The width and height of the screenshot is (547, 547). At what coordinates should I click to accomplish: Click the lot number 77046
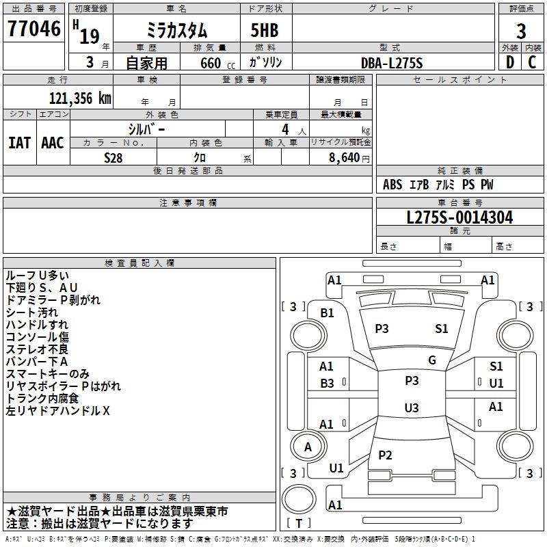click(x=34, y=29)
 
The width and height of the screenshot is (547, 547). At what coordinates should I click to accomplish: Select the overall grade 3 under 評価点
click(x=521, y=31)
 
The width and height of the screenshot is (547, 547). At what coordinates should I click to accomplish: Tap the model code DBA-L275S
click(x=392, y=63)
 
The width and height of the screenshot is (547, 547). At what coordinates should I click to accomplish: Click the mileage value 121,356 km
click(x=80, y=98)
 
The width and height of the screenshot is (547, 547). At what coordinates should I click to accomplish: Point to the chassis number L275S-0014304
click(x=459, y=217)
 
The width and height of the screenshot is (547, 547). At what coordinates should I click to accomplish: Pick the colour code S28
click(x=114, y=157)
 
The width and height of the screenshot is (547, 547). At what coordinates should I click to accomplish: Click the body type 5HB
click(x=259, y=31)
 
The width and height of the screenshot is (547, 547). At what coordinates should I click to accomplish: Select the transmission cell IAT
click(x=19, y=143)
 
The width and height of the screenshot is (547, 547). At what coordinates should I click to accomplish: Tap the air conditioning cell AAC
click(x=53, y=143)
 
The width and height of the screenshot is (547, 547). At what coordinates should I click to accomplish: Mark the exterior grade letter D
click(x=509, y=63)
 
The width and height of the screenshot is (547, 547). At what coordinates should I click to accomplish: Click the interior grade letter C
click(x=532, y=63)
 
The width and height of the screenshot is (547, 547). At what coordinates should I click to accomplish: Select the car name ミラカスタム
click(x=177, y=31)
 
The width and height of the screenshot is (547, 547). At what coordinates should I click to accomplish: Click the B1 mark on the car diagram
click(x=328, y=312)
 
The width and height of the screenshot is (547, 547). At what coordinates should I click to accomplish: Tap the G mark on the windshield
click(x=432, y=360)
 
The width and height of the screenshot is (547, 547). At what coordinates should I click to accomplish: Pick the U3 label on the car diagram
click(x=411, y=408)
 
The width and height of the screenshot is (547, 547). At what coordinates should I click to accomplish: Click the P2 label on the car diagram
click(x=386, y=455)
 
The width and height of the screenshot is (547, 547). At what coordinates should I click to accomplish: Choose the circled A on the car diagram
click(x=308, y=447)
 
